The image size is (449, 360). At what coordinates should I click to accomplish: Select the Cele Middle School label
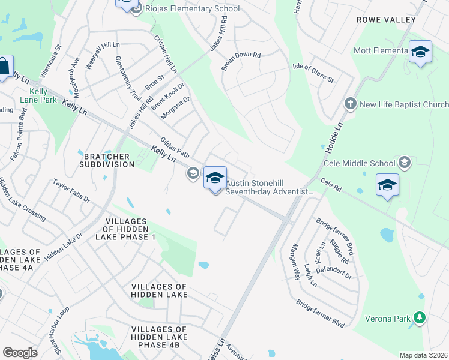pos(359,163)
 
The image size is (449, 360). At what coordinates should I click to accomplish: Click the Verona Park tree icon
pos(420,318)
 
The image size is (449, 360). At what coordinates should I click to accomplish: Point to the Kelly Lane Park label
pos(38,95)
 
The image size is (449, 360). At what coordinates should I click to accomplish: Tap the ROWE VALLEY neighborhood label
pos(386,20)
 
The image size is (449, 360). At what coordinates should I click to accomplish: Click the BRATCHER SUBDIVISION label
pos(107,160)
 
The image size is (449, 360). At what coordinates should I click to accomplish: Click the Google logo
pos(20,353)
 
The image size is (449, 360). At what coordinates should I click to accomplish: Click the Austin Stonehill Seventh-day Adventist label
pos(269,188)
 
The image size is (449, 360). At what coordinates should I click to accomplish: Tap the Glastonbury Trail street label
pos(128,78)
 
